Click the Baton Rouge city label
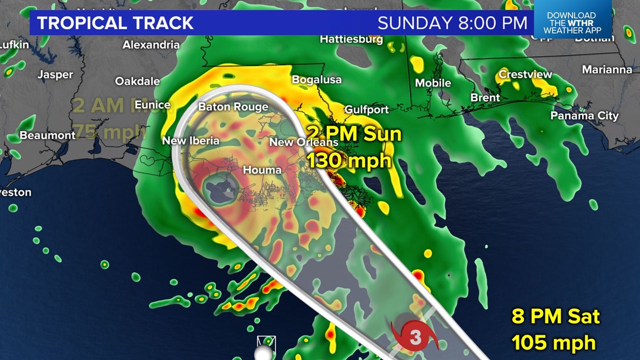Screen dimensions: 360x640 [x=233, y=107]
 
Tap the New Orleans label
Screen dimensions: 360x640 [x=304, y=142]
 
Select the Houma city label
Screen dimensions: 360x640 [x=262, y=169]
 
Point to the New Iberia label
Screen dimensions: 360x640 [x=191, y=140]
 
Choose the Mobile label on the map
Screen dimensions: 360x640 [x=433, y=83]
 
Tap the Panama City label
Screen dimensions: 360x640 [x=584, y=116]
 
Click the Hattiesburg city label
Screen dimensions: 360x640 [x=351, y=39]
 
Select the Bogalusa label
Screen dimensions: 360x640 [x=316, y=80]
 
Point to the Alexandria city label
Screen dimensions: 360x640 [x=151, y=44]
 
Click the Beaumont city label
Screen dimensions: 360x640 [x=47, y=135]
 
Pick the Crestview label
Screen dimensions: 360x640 [x=525, y=74]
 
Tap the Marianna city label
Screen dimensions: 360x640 [x=607, y=70]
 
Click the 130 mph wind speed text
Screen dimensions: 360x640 [x=349, y=161]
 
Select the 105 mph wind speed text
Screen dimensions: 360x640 [x=554, y=341]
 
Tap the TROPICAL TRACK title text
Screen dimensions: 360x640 [x=115, y=23]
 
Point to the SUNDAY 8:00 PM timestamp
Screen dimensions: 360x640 [x=452, y=23]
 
